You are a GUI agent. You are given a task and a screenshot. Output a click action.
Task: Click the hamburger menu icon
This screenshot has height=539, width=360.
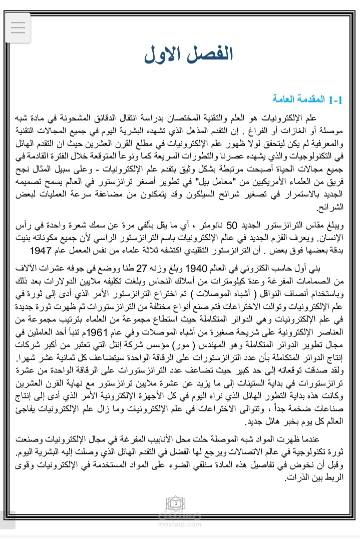click(18, 27)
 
